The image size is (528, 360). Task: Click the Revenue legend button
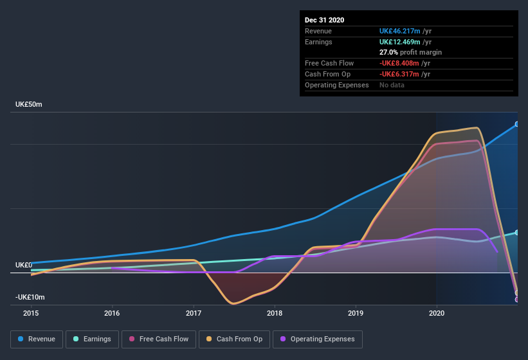click(x=37, y=339)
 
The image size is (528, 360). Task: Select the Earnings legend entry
click(x=92, y=339)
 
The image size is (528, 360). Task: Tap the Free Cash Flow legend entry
click(x=159, y=339)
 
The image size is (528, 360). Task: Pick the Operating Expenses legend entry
click(x=317, y=339)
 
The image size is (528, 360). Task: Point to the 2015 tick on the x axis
click(x=31, y=314)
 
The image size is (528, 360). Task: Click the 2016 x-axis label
click(x=112, y=314)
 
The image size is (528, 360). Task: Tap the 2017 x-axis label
click(x=194, y=314)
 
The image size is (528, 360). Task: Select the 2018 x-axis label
click(x=275, y=314)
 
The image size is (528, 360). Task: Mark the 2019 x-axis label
click(x=356, y=314)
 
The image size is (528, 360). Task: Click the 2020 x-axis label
click(x=437, y=314)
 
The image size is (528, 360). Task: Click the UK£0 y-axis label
click(x=24, y=265)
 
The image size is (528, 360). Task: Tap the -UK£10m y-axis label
click(x=30, y=298)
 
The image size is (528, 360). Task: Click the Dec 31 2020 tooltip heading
click(x=324, y=20)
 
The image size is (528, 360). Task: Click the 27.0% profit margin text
click(x=410, y=52)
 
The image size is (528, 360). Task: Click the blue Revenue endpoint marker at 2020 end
click(x=516, y=124)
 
